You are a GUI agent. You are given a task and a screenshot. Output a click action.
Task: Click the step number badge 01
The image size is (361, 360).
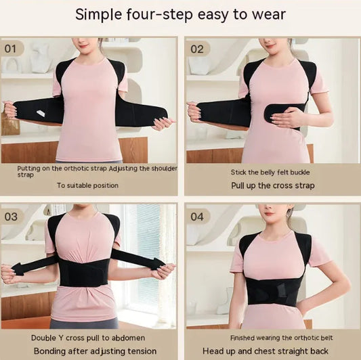coord(12,48)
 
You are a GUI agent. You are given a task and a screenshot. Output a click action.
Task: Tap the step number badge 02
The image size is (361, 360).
coord(197,48)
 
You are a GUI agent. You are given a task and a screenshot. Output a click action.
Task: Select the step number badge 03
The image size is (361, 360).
coord(12,216)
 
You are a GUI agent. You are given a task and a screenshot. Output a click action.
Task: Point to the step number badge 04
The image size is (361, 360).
coord(197,216)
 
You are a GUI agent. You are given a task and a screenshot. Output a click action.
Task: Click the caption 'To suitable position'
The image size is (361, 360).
coord(87,185)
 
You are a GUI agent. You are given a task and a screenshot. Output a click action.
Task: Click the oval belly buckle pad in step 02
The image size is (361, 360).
coord(284,112)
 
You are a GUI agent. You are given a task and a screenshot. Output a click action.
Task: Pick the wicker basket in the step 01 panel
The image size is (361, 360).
coord(9,125)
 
